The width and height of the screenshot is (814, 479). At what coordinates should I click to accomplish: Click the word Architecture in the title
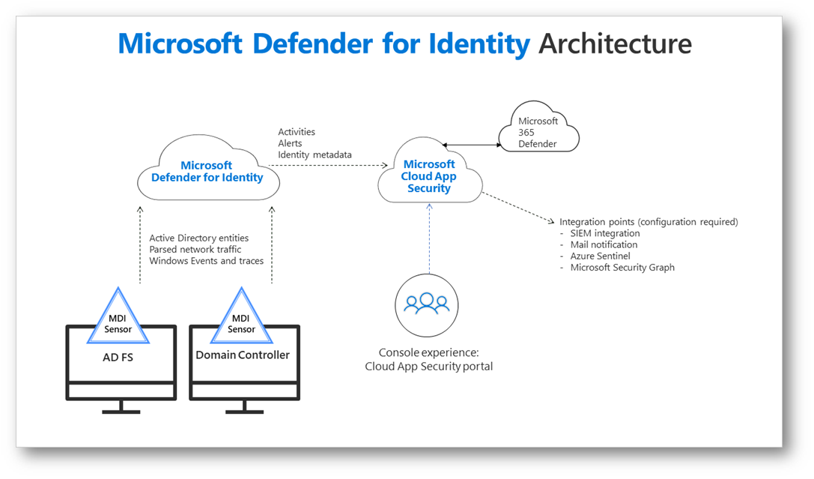pyautogui.click(x=615, y=44)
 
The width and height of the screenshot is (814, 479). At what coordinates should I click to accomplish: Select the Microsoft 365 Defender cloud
pyautogui.click(x=538, y=132)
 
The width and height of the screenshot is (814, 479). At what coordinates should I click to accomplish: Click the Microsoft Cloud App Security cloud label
pyautogui.click(x=429, y=176)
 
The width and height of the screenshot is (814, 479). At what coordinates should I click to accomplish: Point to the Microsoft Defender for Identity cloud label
pyautogui.click(x=207, y=172)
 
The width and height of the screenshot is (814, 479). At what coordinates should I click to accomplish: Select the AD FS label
pyautogui.click(x=118, y=358)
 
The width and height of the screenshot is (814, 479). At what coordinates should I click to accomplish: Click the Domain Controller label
pyautogui.click(x=243, y=355)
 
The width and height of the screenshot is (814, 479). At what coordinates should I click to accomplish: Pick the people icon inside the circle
pyautogui.click(x=426, y=304)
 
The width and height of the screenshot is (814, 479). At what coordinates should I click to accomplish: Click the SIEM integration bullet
pyautogui.click(x=605, y=234)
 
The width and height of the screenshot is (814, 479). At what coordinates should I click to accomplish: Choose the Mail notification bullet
pyautogui.click(x=604, y=245)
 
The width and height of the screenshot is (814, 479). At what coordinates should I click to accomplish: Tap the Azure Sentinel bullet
pyautogui.click(x=600, y=256)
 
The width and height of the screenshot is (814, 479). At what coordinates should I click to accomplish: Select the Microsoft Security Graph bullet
pyautogui.click(x=622, y=268)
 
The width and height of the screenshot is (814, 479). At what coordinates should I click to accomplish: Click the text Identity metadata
pyautogui.click(x=315, y=155)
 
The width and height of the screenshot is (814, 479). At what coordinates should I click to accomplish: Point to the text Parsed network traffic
pyautogui.click(x=195, y=250)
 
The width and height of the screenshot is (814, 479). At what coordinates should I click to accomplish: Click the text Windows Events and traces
pyautogui.click(x=206, y=261)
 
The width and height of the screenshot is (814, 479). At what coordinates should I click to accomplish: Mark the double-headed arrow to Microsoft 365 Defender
pyautogui.click(x=471, y=144)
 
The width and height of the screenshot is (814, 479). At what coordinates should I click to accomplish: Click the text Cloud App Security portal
pyautogui.click(x=428, y=367)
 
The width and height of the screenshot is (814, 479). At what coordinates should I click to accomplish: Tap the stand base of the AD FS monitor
pyautogui.click(x=121, y=412)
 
